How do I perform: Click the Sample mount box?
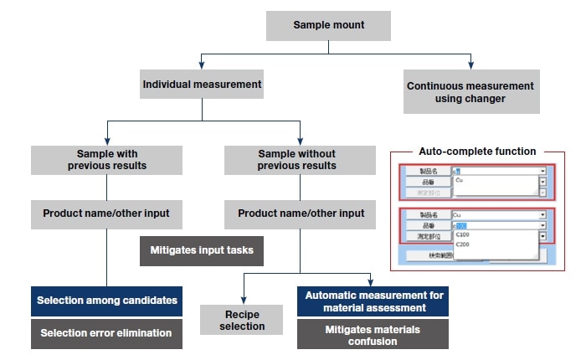[328, 25]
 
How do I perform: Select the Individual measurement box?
[202, 85]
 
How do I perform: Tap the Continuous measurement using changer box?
[470, 92]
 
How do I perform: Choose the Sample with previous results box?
[106, 160]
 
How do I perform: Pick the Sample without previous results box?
[296, 160]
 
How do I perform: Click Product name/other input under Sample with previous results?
[106, 213]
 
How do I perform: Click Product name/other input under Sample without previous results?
[301, 213]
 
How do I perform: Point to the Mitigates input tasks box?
[201, 250]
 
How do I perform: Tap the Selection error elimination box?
[106, 333]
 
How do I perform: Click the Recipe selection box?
[242, 320]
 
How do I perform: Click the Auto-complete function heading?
[477, 152]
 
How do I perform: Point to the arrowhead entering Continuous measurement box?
[471, 64]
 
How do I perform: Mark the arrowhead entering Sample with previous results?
[106, 141]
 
